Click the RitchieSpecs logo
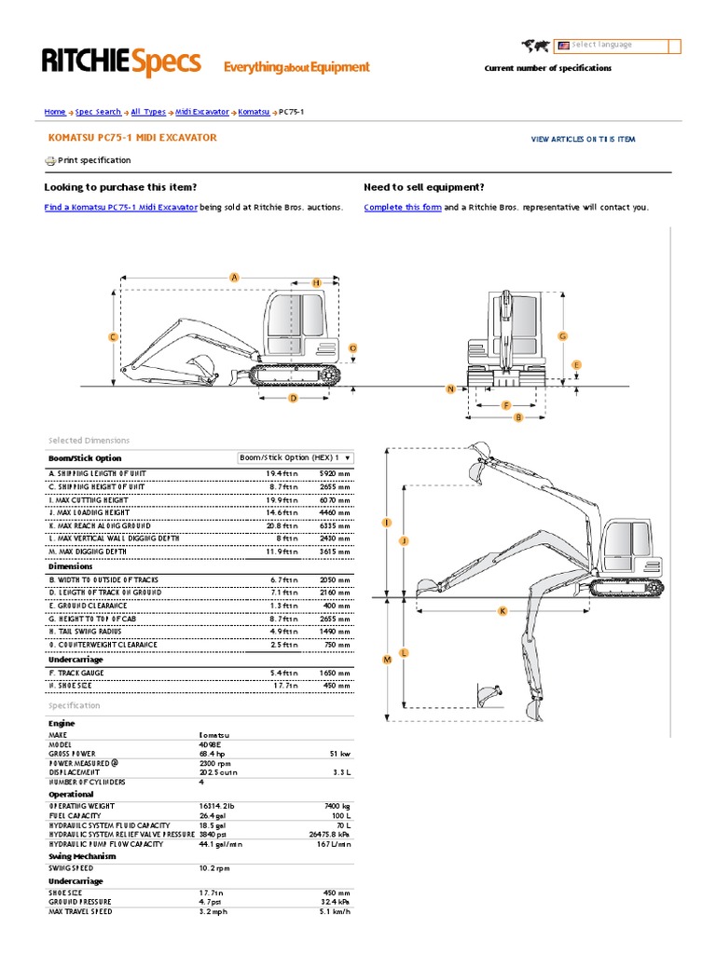[121, 62]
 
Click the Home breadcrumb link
[55, 112]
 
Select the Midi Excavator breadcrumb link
[201, 112]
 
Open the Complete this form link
[403, 208]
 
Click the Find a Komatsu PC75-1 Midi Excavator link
[121, 208]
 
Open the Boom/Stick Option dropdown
[296, 457]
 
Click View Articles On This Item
[583, 139]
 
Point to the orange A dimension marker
[235, 277]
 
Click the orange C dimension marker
[112, 337]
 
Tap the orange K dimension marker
[502, 611]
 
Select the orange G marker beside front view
[563, 335]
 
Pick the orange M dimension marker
[386, 660]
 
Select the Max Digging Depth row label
[88, 552]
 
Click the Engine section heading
[62, 723]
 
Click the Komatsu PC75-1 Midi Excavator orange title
[131, 138]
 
